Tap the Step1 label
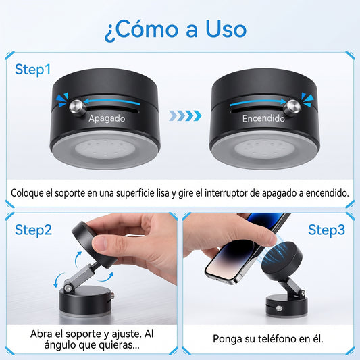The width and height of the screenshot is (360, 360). (x=32, y=70)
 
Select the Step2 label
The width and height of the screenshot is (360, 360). (x=33, y=230)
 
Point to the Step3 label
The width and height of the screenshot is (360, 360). (x=326, y=230)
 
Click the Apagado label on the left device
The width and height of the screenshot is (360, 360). (x=107, y=118)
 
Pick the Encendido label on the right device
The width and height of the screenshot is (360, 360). (x=263, y=118)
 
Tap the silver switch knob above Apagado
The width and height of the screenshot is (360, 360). (x=78, y=107)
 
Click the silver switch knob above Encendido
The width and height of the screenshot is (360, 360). (x=292, y=107)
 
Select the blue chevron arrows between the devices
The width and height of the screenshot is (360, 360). (x=185, y=115)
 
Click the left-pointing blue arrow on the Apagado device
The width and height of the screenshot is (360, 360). (x=112, y=101)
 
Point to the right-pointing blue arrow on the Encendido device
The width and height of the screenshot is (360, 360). (x=258, y=103)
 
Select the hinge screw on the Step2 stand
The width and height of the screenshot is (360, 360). (x=68, y=288)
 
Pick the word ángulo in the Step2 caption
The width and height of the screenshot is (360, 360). (x=59, y=345)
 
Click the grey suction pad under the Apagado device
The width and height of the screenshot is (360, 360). (x=105, y=149)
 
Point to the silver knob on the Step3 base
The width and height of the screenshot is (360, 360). (x=279, y=309)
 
